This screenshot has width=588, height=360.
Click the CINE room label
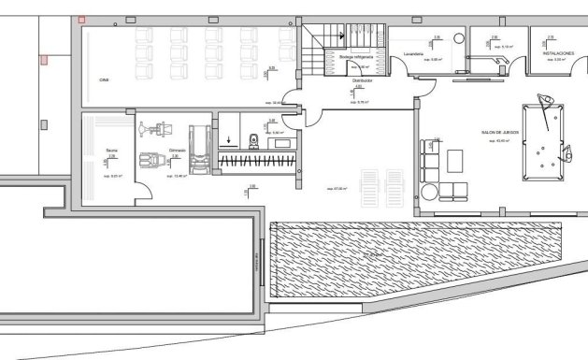[x=105, y=81]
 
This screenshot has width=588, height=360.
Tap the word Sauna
[x=111, y=149]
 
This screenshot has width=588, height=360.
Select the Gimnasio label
[x=177, y=149]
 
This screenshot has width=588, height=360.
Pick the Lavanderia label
[x=415, y=55]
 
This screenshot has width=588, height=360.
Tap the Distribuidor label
[x=364, y=81]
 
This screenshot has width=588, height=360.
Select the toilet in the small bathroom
[x=252, y=140]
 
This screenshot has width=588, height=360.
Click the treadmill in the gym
[x=198, y=150]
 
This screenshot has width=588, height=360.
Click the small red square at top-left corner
[x=83, y=19]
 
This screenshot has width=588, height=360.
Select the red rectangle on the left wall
[x=44, y=61]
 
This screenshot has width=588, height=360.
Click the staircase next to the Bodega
[x=319, y=41]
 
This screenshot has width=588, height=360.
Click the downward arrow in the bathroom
[x=227, y=142]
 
